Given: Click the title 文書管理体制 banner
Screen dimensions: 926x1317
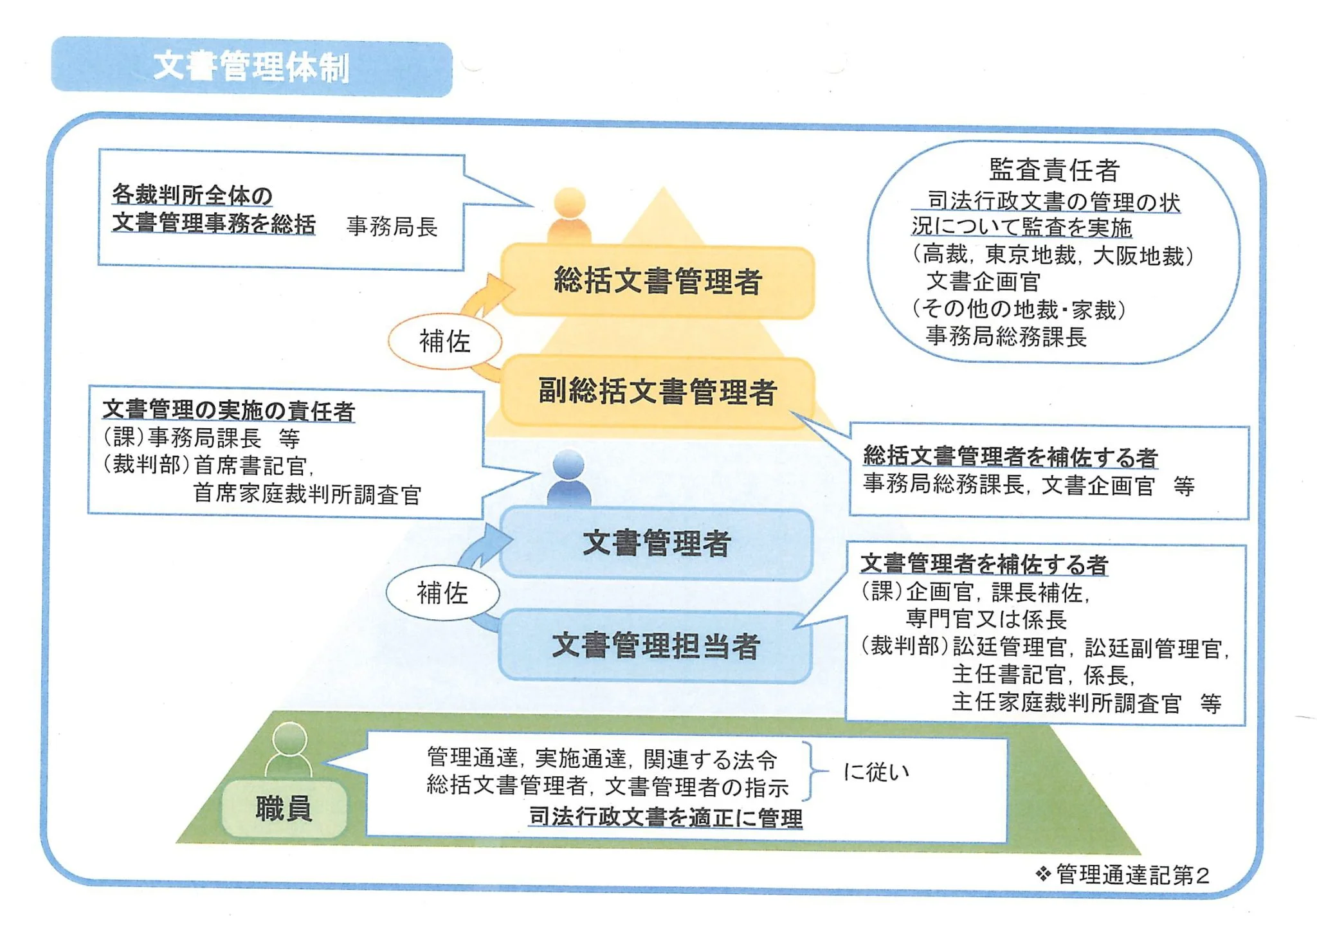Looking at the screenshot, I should click(251, 67).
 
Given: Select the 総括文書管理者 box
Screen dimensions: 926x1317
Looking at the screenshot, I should click(657, 282).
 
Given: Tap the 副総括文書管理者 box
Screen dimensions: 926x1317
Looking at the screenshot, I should click(657, 392).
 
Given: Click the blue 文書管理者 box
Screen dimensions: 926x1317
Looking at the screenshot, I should click(656, 543).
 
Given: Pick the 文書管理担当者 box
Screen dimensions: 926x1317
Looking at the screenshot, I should click(656, 645).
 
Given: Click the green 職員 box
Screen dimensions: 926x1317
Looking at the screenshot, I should click(284, 808).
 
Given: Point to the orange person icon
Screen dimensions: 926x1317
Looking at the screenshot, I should click(569, 215).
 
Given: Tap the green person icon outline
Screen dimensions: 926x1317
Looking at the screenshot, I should click(289, 750).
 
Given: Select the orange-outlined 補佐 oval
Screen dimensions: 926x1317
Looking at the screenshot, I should click(444, 341).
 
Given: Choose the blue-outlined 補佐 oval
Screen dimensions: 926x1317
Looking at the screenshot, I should click(442, 593).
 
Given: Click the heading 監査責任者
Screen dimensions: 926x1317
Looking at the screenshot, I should click(1054, 170).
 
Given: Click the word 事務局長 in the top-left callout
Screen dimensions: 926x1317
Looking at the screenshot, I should click(392, 226).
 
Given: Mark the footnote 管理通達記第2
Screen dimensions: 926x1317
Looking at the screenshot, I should click(1132, 875).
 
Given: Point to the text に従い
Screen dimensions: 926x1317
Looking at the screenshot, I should click(876, 772).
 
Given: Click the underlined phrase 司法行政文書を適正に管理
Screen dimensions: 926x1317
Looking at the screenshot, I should click(666, 817).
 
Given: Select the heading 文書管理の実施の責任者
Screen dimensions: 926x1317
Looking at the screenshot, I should click(228, 410).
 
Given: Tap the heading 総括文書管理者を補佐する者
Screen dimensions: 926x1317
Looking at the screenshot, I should click(1010, 456).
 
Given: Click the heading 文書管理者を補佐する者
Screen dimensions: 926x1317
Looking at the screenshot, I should click(984, 564).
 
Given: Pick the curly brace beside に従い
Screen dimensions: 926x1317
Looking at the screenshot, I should click(815, 771).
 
